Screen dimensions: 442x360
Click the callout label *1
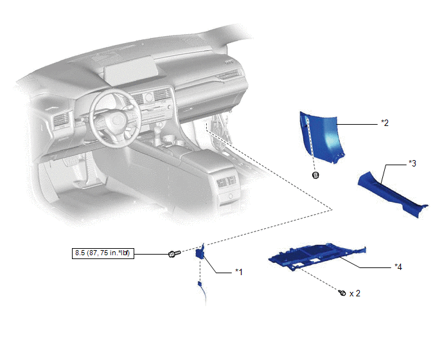pyautogui.click(x=239, y=272)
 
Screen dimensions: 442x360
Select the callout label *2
pyautogui.click(x=385, y=123)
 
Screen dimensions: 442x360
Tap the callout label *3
pyautogui.click(x=412, y=163)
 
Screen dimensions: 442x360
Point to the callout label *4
pyautogui.click(x=398, y=267)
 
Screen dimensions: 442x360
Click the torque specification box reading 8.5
pyautogui.click(x=103, y=253)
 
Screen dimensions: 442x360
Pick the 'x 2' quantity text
pyautogui.click(x=355, y=293)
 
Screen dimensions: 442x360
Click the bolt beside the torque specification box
pyautogui.click(x=174, y=253)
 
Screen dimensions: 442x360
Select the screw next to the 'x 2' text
pyautogui.click(x=342, y=292)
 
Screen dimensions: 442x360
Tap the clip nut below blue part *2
pyautogui.click(x=315, y=175)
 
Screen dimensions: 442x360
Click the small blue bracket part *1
pyautogui.click(x=200, y=253)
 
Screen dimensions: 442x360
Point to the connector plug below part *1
pyautogui.click(x=200, y=283)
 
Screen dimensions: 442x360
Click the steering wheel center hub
pyautogui.click(x=116, y=120)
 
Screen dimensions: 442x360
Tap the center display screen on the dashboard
pyautogui.click(x=130, y=71)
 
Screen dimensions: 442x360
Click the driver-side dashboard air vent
pyautogui.click(x=62, y=120)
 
